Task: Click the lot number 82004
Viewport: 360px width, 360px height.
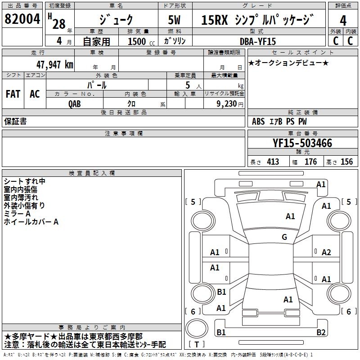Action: coord(22,20)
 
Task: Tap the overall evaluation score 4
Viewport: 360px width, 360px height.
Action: coord(343,21)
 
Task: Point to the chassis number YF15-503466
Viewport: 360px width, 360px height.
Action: coord(302,144)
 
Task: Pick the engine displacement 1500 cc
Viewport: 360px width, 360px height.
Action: coord(138,41)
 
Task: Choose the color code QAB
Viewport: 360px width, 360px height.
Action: coord(75,103)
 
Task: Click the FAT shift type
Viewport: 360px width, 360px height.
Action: coord(13,94)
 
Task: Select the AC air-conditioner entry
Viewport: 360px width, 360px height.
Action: coord(35,94)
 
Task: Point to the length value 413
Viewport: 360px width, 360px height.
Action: coord(273,162)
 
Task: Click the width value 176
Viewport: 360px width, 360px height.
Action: coord(310,162)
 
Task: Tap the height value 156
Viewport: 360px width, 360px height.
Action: coord(346,162)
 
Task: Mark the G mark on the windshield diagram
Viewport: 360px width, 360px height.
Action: coord(284,237)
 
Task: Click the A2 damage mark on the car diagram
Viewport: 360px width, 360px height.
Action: coord(326,252)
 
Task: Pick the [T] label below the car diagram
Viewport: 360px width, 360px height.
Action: coord(197,345)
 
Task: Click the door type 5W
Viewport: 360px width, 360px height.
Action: coord(175,21)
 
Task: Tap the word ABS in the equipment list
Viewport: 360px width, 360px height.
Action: coord(258,121)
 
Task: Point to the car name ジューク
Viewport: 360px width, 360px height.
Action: coord(116,21)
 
